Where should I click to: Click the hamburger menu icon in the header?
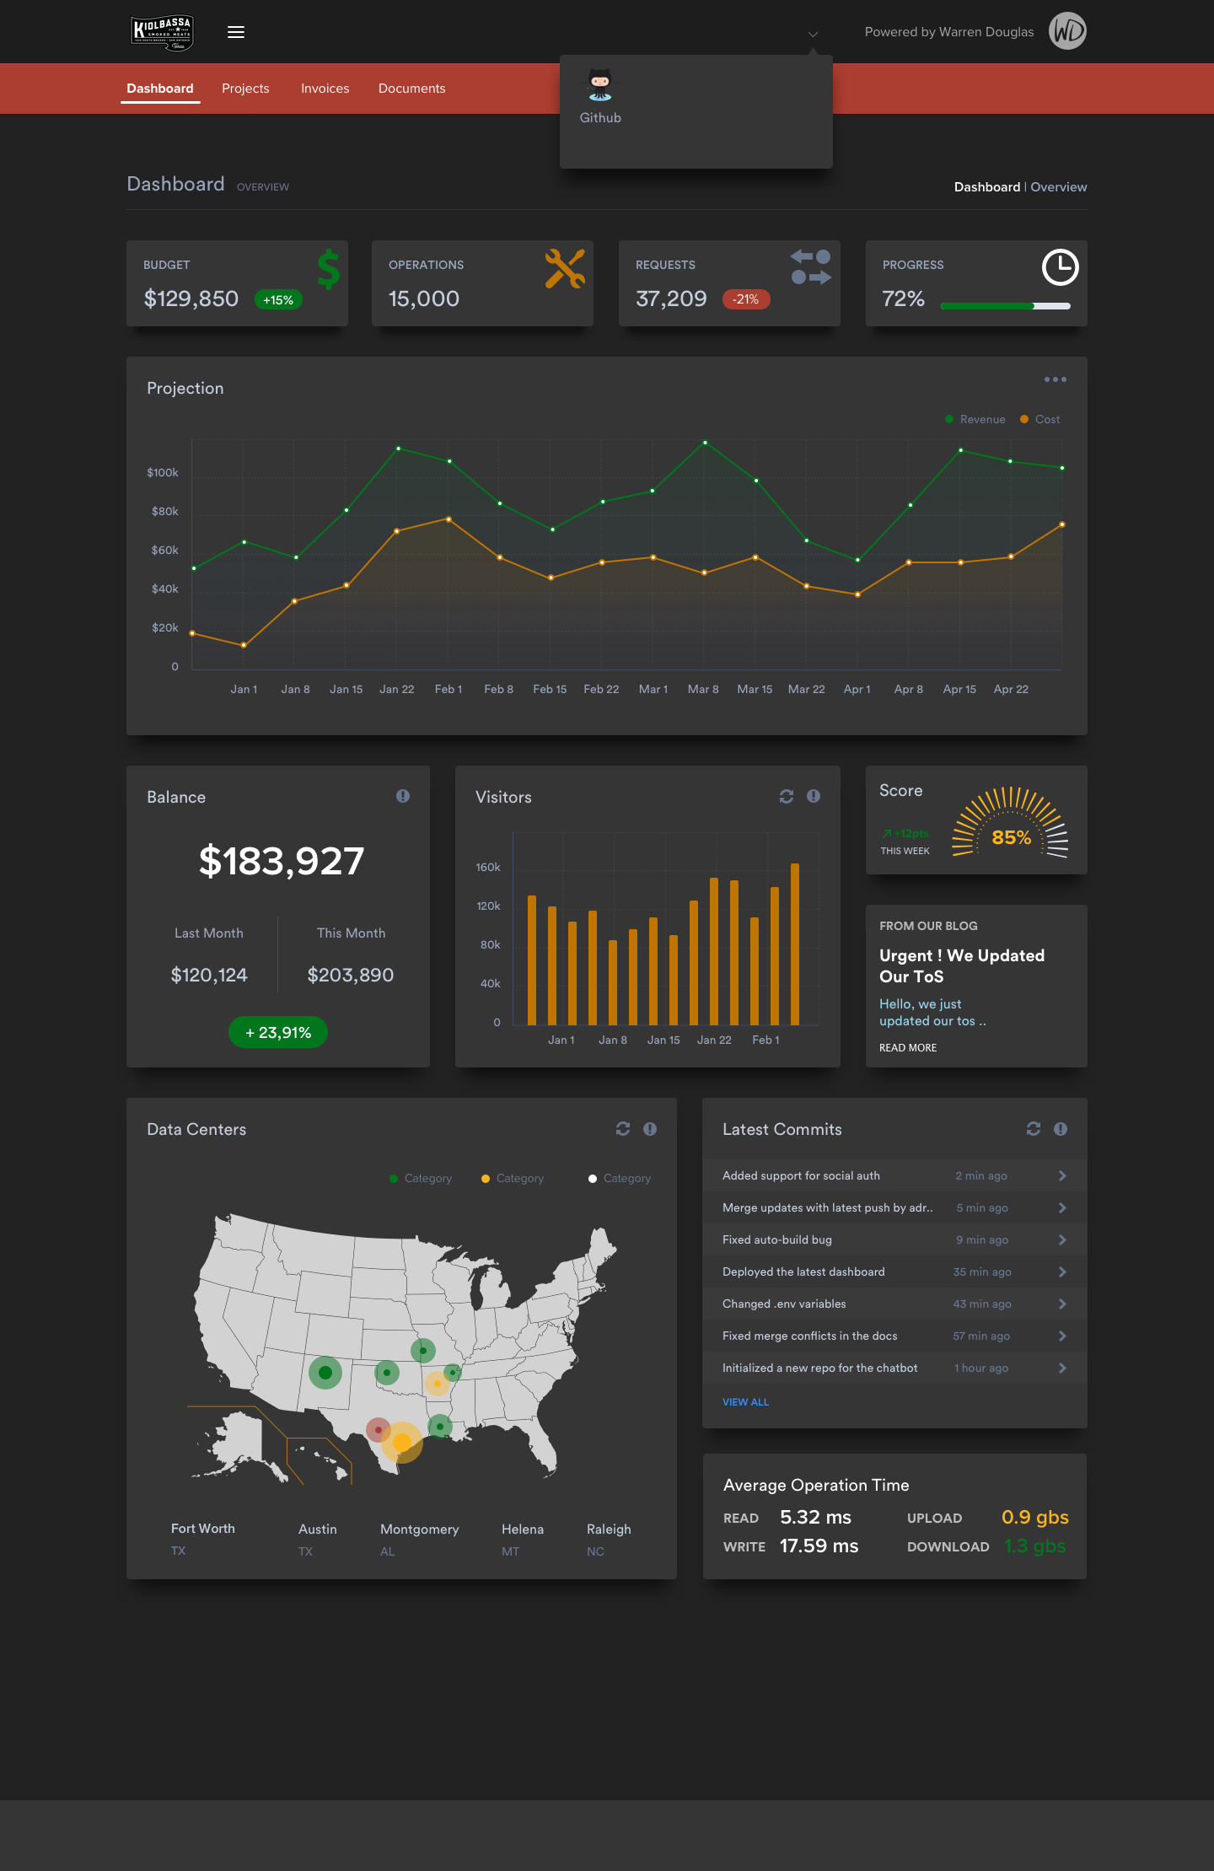coord(236,32)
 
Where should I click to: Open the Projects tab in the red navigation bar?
coord(245,89)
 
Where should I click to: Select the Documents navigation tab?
coord(411,89)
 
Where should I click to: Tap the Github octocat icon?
coord(600,86)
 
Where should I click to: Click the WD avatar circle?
coord(1067,31)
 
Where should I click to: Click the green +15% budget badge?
coord(278,300)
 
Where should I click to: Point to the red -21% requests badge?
coord(746,299)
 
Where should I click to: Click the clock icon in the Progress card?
coord(1060,267)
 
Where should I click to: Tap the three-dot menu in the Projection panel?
coord(1055,379)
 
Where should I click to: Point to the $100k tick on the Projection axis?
coord(163,473)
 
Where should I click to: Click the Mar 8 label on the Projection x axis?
coord(703,689)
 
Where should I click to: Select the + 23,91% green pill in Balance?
coord(278,1032)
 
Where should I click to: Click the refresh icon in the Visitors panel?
coord(787,797)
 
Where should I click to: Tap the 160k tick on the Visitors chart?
coord(488,868)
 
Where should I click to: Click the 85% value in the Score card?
coord(1011,837)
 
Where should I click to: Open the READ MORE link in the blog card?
coord(908,1048)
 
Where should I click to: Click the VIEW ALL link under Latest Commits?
coord(745,1402)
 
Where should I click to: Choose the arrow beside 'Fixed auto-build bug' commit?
coord(1062,1239)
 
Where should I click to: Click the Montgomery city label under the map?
coord(419,1530)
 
